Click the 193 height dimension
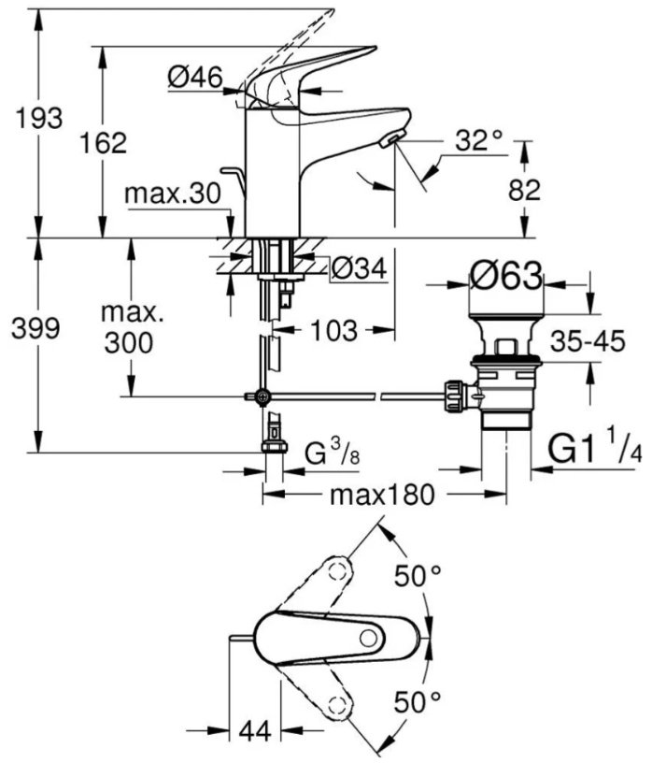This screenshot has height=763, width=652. click(x=39, y=118)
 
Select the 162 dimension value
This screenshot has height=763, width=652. click(x=103, y=142)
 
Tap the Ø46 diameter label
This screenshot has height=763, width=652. click(x=195, y=78)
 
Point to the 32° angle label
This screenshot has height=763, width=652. click(x=479, y=140)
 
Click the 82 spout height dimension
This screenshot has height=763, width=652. click(x=525, y=190)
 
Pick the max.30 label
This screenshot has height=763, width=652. click(x=173, y=194)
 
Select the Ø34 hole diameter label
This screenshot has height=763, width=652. click(x=360, y=268)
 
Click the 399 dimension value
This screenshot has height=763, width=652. click(x=35, y=328)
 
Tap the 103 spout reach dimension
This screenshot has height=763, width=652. click(x=334, y=331)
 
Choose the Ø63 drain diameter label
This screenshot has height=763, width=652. click(x=506, y=277)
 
